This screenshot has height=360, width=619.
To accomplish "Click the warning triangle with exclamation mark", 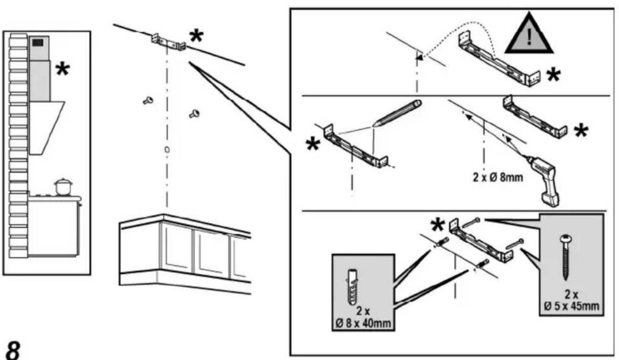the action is (529, 35).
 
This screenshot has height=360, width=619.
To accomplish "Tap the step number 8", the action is (13, 350).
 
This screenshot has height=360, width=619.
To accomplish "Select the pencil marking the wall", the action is (397, 113).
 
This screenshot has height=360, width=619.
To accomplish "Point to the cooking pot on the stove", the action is (63, 187).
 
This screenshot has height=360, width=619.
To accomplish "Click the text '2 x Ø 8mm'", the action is (498, 177).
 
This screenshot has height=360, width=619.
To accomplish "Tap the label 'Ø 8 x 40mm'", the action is (364, 323).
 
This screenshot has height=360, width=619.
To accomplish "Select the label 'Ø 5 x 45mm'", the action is (571, 306).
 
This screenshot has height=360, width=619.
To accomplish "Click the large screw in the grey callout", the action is (566, 257).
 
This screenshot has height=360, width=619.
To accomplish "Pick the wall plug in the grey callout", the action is (352, 287).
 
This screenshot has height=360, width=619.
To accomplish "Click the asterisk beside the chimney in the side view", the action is (63, 69).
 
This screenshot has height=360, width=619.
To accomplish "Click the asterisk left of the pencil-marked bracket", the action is (313, 144).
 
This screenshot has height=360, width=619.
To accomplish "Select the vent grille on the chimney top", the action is (38, 42).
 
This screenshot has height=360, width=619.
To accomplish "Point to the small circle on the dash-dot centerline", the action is (167, 149).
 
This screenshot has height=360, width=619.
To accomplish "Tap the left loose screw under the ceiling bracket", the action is (148, 100).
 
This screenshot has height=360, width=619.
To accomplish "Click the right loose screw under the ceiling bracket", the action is (194, 113).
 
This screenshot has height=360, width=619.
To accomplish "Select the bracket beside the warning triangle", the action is (499, 59).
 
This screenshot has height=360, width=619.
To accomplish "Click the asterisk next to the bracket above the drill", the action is (581, 131).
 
